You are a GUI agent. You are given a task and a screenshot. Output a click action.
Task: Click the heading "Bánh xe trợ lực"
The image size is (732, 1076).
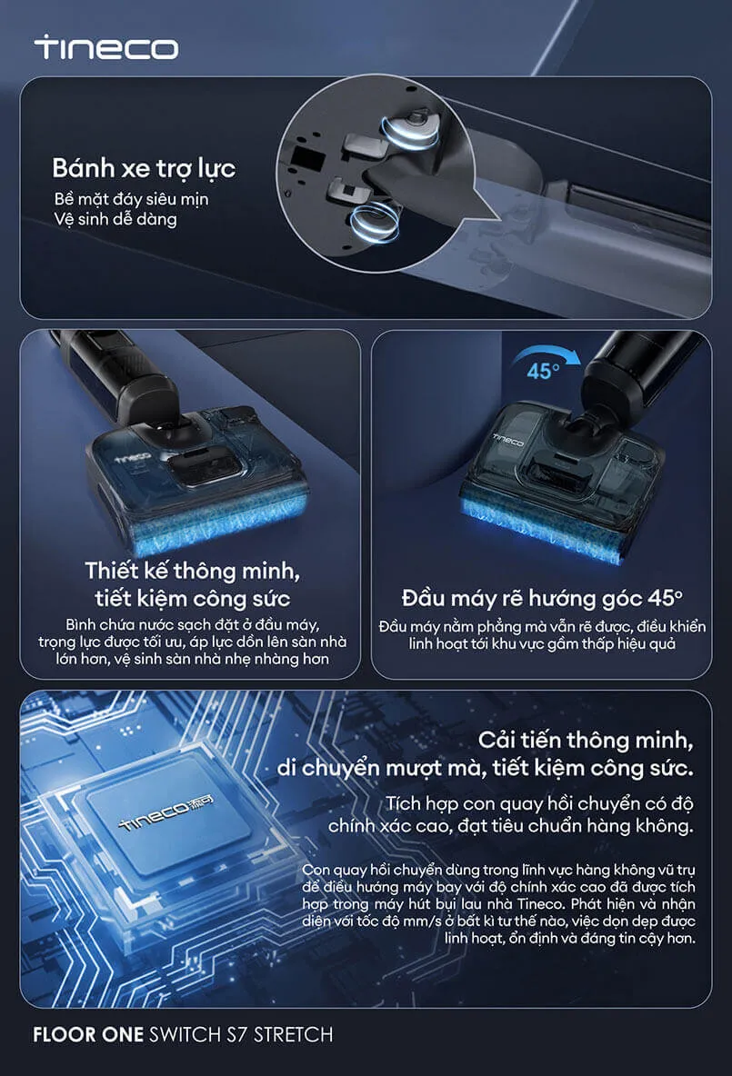pyautogui.click(x=144, y=168)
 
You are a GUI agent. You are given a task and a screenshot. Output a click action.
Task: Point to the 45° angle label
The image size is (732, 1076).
pyautogui.click(x=543, y=372)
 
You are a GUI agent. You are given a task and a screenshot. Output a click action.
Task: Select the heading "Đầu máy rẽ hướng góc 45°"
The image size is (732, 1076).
pyautogui.click(x=542, y=598)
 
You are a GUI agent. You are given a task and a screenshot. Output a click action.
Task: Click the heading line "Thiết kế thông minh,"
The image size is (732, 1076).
pyautogui.click(x=192, y=570)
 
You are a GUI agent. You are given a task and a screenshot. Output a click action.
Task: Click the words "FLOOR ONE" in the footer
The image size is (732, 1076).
pyautogui.click(x=88, y=1034)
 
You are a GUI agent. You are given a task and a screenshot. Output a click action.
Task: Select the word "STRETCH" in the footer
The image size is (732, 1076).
pyautogui.click(x=293, y=1034)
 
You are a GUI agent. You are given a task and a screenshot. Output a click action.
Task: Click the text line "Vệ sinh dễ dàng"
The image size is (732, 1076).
pyautogui.click(x=115, y=220)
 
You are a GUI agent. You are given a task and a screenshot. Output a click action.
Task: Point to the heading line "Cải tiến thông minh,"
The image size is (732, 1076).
pyautogui.click(x=585, y=740)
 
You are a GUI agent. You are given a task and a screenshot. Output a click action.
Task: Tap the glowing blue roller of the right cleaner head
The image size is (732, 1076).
pyautogui.click(x=543, y=532)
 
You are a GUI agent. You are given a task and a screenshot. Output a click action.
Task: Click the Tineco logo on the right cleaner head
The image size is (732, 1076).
pyautogui.click(x=509, y=439)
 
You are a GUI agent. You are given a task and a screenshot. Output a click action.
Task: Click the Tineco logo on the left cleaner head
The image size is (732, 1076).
pyautogui.click(x=134, y=458)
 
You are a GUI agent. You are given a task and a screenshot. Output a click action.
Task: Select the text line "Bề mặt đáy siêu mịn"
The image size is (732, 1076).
pyautogui.click(x=131, y=199)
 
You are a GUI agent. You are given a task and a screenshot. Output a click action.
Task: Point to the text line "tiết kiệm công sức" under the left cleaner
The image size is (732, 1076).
pyautogui.click(x=192, y=598)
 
